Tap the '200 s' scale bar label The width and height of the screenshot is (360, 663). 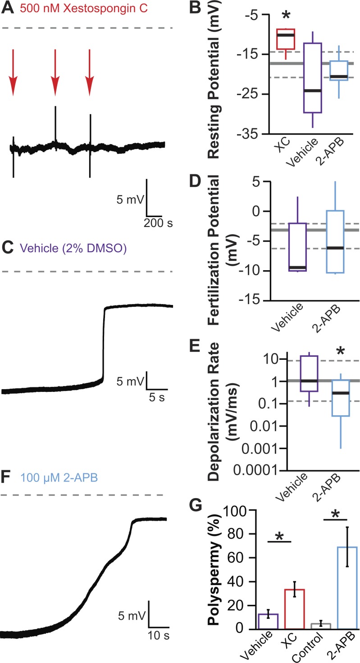[159, 222]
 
